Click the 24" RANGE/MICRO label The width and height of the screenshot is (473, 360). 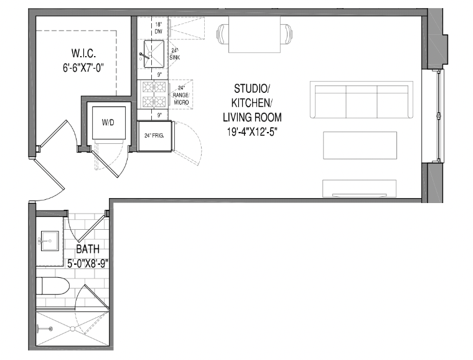tap(182, 94)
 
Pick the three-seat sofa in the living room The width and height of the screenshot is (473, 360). tap(361, 100)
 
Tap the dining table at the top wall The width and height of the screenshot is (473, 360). tap(255, 34)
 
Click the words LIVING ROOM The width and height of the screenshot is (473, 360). tap(252, 116)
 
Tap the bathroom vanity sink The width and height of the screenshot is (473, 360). tap(49, 239)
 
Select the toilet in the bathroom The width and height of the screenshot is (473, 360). tap(53, 287)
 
